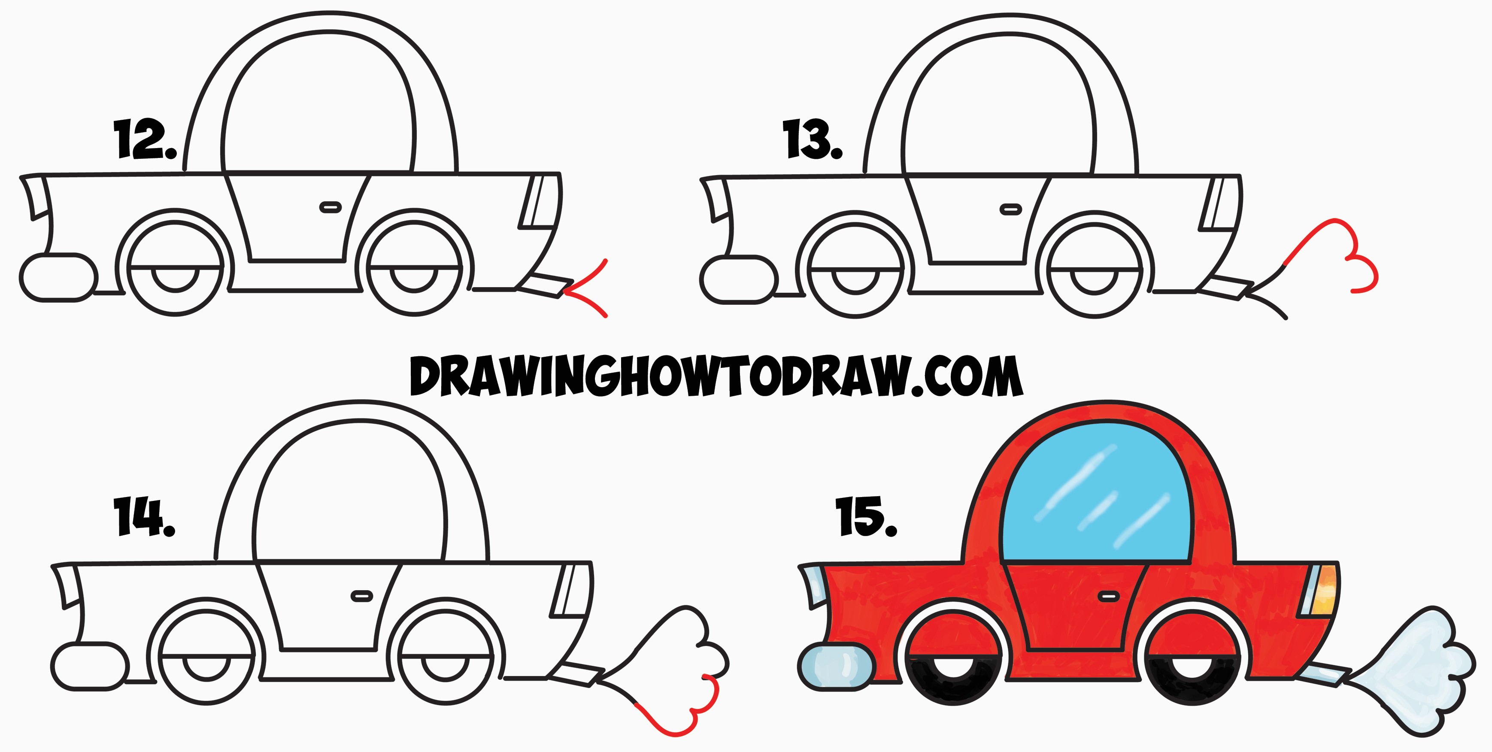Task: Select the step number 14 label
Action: pyautogui.click(x=144, y=516)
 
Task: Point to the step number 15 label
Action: pyautogui.click(x=866, y=516)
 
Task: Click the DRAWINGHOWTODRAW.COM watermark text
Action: pyautogui.click(x=716, y=376)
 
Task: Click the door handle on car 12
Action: pyautogui.click(x=330, y=207)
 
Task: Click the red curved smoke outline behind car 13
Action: pyautogui.click(x=1338, y=253)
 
